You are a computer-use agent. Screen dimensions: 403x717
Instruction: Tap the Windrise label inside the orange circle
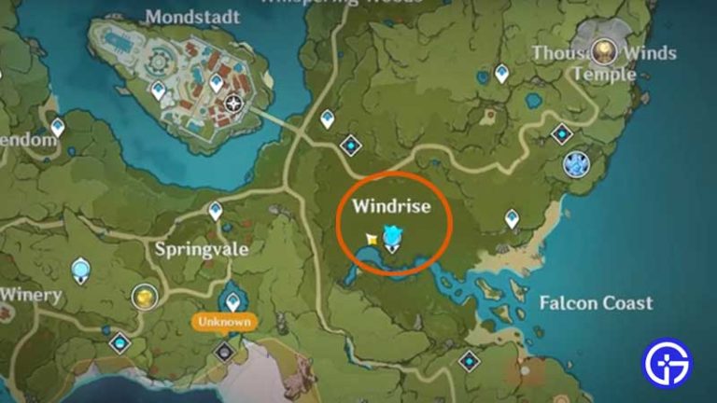[x=391, y=206]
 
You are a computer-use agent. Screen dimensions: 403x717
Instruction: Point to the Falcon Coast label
[x=596, y=303]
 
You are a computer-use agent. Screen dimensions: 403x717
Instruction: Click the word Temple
[x=604, y=73]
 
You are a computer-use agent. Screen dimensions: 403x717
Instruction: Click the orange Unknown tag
[x=224, y=322]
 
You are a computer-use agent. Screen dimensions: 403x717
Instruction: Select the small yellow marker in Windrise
[x=372, y=240]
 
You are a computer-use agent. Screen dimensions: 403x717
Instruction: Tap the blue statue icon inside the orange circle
[x=393, y=239]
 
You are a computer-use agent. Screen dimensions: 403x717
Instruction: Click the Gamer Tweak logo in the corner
[x=668, y=363]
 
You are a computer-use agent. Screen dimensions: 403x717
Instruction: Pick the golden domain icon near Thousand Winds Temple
[x=606, y=51]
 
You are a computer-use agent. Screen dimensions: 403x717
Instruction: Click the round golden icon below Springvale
[x=145, y=297]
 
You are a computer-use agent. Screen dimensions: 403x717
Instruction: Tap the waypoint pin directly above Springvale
[x=216, y=212]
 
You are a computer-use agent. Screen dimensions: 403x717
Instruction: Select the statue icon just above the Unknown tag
[x=232, y=300]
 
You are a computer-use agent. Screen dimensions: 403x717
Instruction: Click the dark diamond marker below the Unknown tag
[x=224, y=353]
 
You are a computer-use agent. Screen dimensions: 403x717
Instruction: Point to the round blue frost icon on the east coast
[x=576, y=164]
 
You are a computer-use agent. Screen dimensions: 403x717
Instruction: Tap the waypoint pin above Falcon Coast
[x=512, y=218]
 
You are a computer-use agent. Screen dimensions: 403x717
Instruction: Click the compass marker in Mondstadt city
[x=233, y=103]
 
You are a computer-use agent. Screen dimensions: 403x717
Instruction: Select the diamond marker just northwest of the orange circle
[x=351, y=146]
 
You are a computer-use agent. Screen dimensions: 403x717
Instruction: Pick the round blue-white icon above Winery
[x=81, y=271]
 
